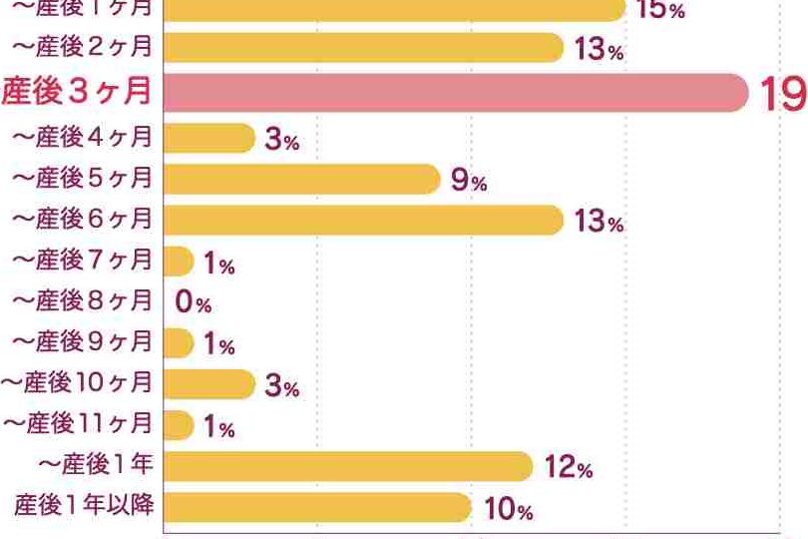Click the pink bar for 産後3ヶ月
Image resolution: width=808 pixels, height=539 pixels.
[x=454, y=93]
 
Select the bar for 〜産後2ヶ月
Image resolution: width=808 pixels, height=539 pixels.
[x=362, y=48]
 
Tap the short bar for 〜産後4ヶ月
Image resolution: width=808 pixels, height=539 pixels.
[x=207, y=138]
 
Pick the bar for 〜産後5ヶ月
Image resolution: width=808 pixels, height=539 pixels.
[x=299, y=179]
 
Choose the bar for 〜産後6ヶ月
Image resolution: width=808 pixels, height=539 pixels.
[x=362, y=220]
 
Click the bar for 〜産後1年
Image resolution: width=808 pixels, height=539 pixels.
[x=347, y=466]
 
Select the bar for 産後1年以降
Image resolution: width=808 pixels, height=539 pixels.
[x=315, y=507]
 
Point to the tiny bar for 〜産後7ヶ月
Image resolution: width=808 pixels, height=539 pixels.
[x=178, y=262]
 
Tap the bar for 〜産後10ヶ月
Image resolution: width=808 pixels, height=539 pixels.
[x=207, y=384]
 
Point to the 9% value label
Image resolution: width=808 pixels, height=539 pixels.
[x=468, y=181]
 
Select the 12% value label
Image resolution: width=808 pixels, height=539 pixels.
[x=570, y=467]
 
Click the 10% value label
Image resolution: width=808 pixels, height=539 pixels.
[x=508, y=509]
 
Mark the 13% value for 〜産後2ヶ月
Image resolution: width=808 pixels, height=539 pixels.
[x=599, y=49]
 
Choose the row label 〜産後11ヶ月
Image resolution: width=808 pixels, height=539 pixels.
[x=78, y=424]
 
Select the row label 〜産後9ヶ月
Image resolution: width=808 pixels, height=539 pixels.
[x=83, y=342]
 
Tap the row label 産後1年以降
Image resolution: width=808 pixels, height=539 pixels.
[x=84, y=506]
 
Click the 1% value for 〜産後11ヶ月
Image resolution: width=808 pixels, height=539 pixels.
[x=218, y=427]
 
